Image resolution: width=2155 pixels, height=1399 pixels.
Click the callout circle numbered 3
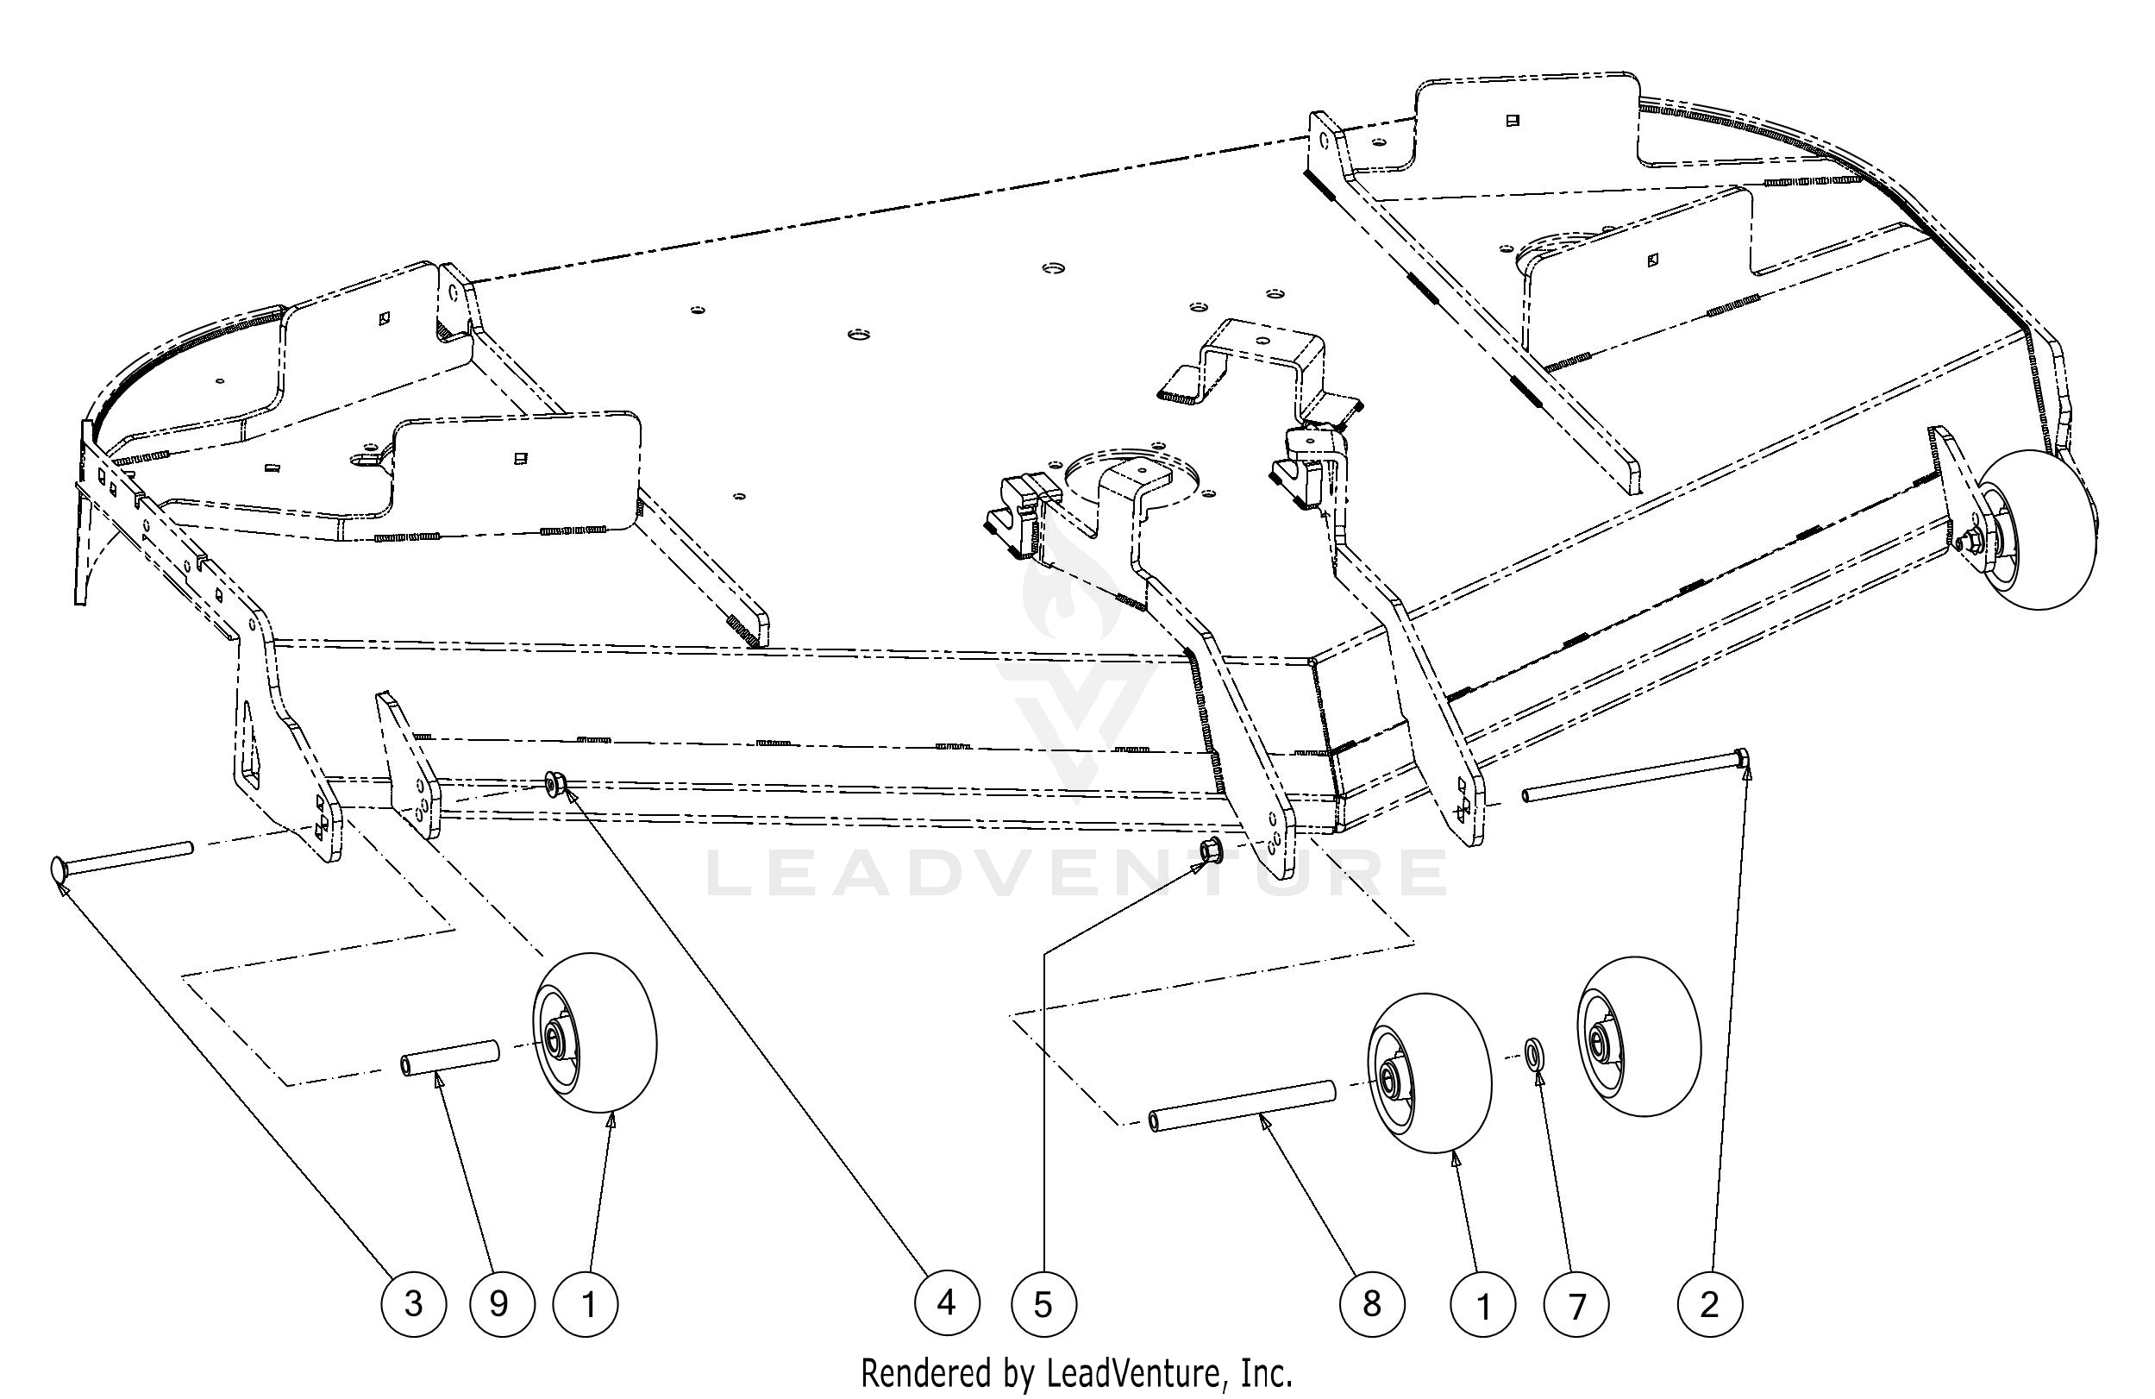(x=413, y=1305)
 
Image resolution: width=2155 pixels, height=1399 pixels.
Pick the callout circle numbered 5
(x=1043, y=1305)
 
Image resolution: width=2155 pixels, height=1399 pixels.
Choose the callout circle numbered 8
(x=1372, y=1305)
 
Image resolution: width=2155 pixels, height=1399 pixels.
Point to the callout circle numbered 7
(x=1576, y=1305)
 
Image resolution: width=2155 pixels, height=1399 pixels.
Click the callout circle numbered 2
(x=1709, y=1305)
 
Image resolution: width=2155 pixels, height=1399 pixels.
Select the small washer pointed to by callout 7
(x=1535, y=1055)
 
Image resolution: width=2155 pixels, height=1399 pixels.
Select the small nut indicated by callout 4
(x=555, y=781)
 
